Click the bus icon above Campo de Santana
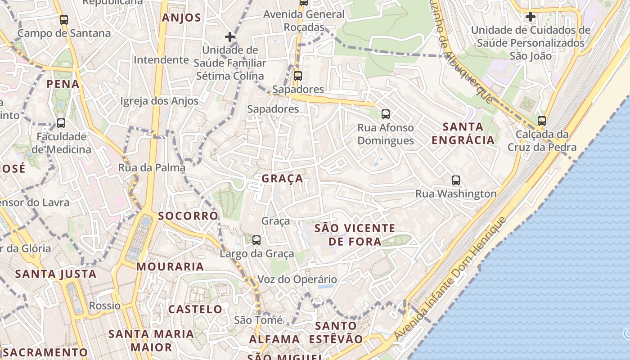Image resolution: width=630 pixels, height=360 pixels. [x=64, y=20]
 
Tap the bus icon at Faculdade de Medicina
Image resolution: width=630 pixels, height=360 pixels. [x=61, y=123]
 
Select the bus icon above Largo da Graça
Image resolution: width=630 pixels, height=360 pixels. [x=256, y=240]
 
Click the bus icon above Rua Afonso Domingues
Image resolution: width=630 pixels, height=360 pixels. [x=385, y=114]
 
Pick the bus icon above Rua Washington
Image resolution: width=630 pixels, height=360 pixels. [x=456, y=181]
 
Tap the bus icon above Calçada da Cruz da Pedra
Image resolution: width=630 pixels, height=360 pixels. [x=542, y=121]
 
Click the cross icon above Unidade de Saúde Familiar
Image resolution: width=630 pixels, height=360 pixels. [x=230, y=37]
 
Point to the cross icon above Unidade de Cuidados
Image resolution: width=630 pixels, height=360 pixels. [x=531, y=17]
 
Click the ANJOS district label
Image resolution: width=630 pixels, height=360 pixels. [x=181, y=18]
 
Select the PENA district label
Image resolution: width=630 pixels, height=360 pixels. [x=63, y=84]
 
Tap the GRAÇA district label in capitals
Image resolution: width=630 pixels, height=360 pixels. [x=283, y=179]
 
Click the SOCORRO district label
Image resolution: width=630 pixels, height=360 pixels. [x=188, y=216]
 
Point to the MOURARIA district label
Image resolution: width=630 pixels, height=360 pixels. [x=170, y=266]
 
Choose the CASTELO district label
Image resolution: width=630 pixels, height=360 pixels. [x=195, y=309]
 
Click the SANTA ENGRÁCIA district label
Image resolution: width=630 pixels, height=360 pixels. [x=463, y=133]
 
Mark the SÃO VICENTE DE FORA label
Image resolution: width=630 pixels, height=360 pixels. [x=355, y=235]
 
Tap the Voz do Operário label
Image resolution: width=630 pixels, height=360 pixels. [x=297, y=279]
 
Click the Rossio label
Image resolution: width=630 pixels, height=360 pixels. [x=105, y=306]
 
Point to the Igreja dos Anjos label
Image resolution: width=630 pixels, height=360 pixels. [x=159, y=101]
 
